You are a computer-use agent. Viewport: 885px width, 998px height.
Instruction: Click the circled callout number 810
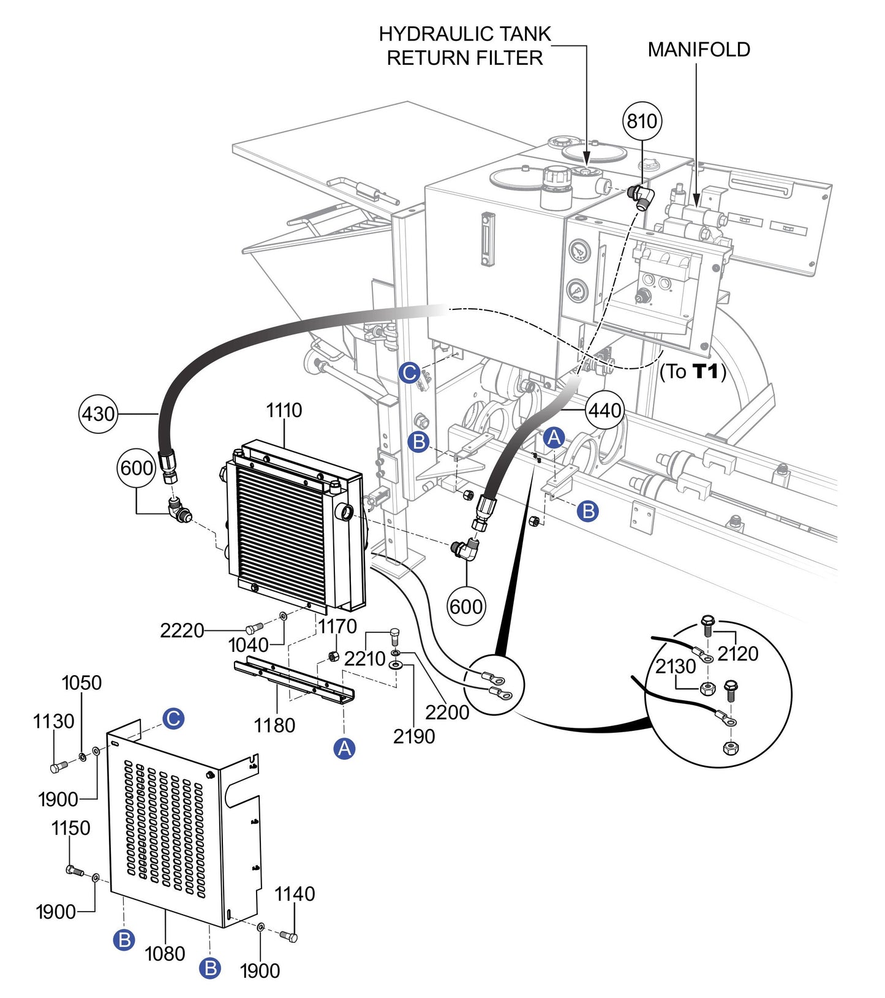click(641, 121)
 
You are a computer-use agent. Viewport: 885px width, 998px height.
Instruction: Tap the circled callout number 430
click(99, 414)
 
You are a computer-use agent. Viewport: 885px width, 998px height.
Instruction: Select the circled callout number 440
click(604, 410)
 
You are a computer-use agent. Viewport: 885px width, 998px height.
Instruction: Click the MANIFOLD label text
click(699, 50)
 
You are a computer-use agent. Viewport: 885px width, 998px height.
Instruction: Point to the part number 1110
click(284, 410)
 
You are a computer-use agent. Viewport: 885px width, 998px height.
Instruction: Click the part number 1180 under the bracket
click(274, 725)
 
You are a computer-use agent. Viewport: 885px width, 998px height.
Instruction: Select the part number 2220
click(181, 630)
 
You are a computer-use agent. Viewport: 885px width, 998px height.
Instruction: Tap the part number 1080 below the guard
click(165, 953)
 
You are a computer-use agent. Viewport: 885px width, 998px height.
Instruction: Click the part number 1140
click(295, 894)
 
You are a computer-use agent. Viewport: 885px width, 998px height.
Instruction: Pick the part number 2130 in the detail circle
click(676, 666)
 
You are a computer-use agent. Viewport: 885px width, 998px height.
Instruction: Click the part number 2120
click(737, 654)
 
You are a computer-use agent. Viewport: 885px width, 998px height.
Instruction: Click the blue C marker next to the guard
click(173, 718)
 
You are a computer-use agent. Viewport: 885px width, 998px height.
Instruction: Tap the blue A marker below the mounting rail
click(345, 748)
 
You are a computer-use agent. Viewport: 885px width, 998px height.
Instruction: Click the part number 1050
click(81, 682)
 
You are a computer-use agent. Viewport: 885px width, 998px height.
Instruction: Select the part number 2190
click(414, 736)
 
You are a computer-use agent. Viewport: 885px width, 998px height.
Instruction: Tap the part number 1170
click(337, 626)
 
